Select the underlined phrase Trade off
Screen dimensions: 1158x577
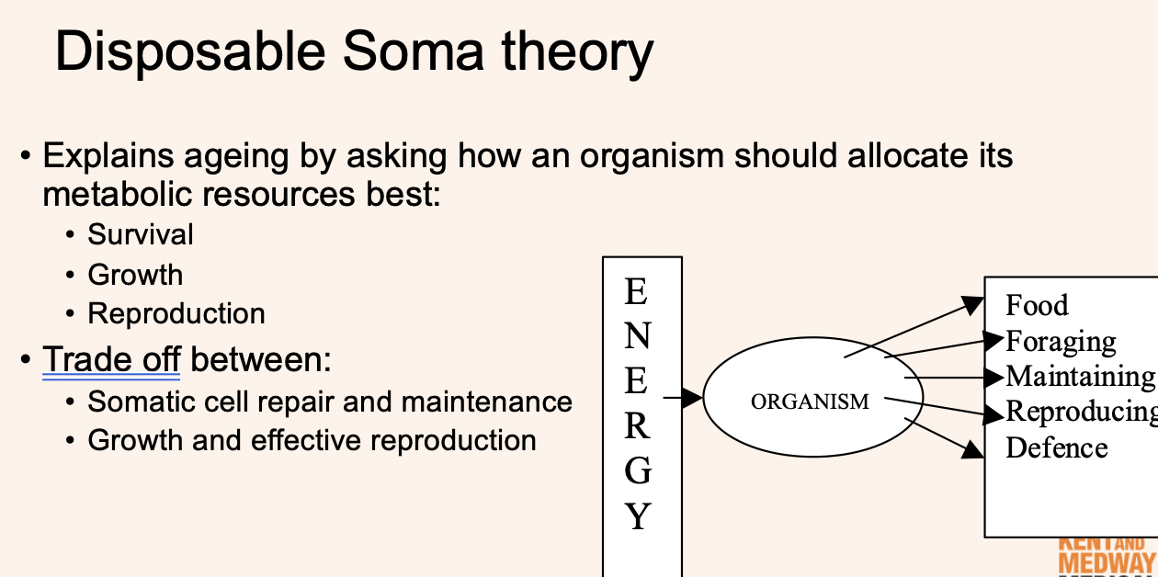(x=111, y=358)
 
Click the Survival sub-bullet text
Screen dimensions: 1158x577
(x=141, y=234)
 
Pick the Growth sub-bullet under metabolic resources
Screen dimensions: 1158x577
(x=135, y=275)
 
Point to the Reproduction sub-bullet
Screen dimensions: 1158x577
(x=176, y=313)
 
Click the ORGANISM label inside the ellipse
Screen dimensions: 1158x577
(x=810, y=402)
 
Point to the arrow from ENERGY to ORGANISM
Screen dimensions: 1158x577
(x=685, y=398)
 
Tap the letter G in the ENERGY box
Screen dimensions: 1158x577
(x=637, y=470)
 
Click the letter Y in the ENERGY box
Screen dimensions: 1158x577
(x=638, y=516)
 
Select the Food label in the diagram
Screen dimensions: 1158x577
(x=1037, y=305)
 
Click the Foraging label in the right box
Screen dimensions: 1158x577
(x=1061, y=341)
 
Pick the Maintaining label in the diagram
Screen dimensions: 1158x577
(x=1080, y=376)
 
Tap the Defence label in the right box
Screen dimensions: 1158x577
(x=1056, y=447)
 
